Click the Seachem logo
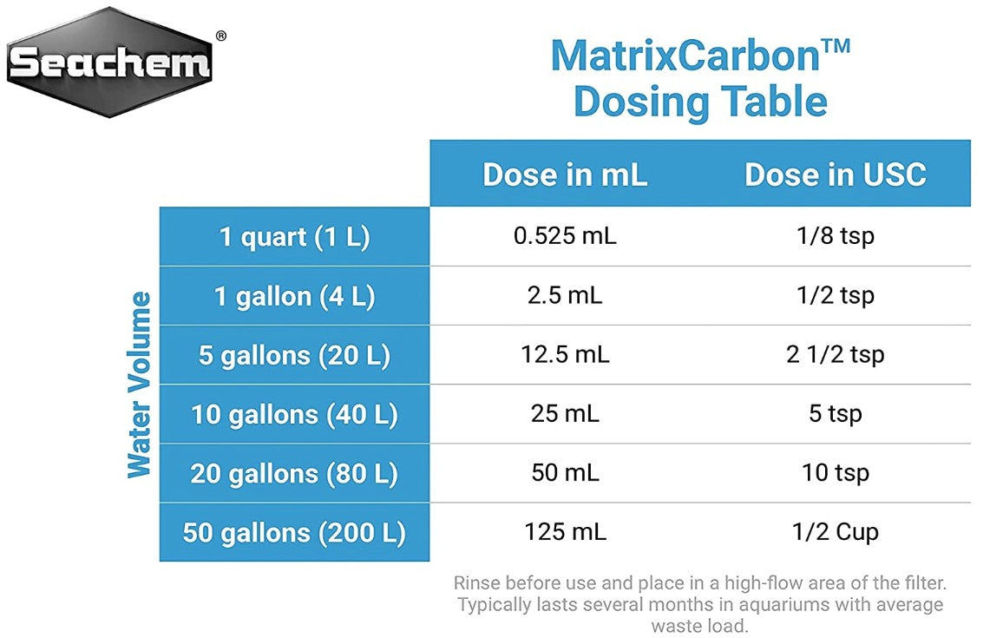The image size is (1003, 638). coord(110,62)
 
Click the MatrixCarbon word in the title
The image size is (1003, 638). coord(685,56)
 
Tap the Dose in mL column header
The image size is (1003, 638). coord(565,174)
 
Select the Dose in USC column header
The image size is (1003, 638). coord(835,174)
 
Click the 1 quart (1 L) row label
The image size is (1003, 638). coord(294,237)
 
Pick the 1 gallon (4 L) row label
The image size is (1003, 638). coord(294,296)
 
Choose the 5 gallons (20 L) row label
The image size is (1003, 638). coord(294,355)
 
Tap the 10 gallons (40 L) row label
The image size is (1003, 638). coord(294,414)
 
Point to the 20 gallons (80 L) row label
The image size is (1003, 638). coord(294,473)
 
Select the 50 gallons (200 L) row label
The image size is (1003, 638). coord(294,532)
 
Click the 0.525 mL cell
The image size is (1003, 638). coord(565,237)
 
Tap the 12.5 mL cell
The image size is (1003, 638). coord(565,355)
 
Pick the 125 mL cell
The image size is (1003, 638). coord(565,532)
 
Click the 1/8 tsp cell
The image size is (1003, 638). coord(835,237)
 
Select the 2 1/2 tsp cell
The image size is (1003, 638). coord(835,355)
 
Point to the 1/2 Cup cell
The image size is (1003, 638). coord(835,532)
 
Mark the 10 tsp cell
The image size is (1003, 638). coord(835,473)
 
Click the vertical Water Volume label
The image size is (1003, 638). coord(140,385)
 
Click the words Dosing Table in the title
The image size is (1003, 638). coord(700,102)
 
